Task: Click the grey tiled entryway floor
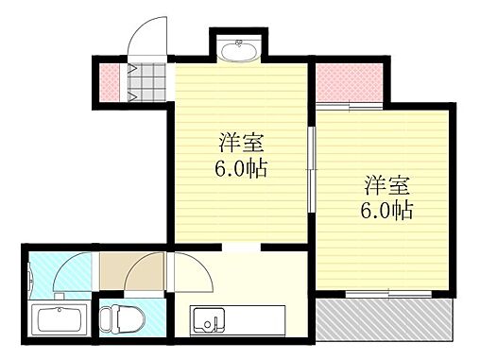(146, 83)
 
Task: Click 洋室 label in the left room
(241, 145)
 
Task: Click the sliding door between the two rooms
(311, 160)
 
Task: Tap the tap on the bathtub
(60, 308)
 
